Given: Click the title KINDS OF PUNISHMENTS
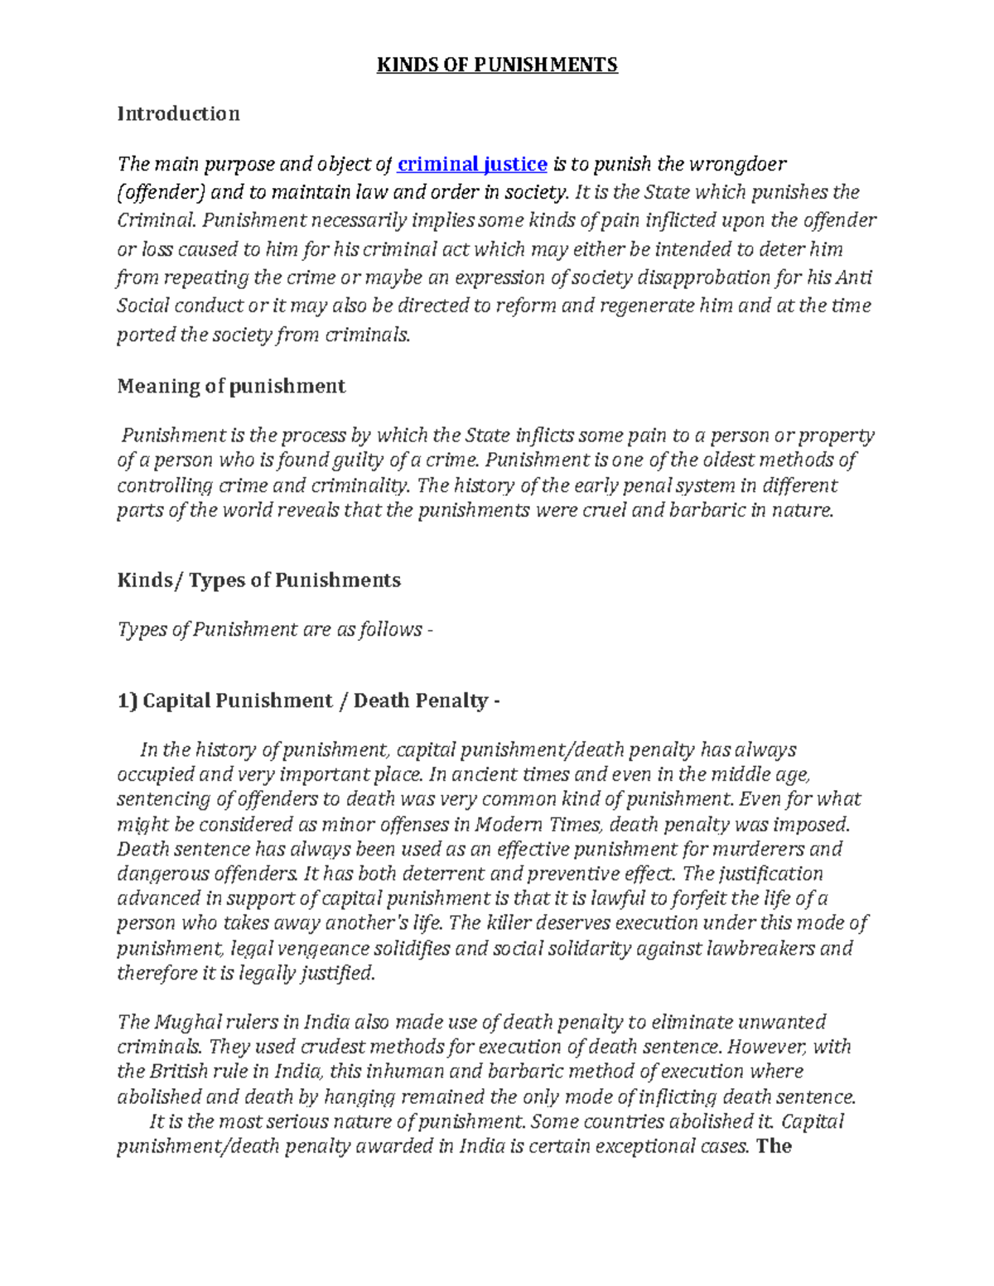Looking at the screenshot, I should tap(497, 65).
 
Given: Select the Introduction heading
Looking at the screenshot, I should tap(178, 113).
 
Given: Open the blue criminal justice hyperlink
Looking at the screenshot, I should tap(472, 164).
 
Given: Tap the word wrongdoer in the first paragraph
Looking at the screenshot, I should tap(742, 164).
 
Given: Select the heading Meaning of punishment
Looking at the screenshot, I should tap(231, 386).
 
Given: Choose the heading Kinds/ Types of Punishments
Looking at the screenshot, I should tap(258, 580).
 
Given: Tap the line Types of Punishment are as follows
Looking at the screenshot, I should tap(275, 629).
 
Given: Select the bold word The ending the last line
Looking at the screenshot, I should tap(774, 1146).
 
